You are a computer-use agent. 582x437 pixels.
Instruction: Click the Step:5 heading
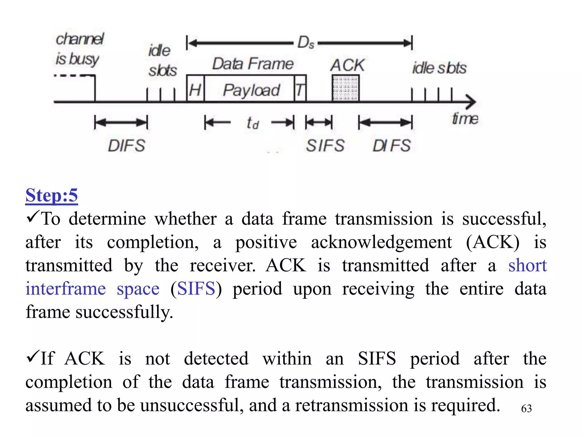[51, 195]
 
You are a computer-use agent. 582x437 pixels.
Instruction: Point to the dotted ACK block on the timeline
[345, 88]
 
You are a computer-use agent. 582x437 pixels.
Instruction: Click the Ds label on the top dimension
[306, 43]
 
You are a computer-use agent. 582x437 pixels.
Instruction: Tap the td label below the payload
[252, 123]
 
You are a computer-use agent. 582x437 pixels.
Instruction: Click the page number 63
[526, 409]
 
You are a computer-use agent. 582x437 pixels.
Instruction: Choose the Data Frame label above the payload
[253, 63]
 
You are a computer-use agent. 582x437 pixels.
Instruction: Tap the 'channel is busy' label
[79, 49]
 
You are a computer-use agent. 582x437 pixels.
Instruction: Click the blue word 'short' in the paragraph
[527, 265]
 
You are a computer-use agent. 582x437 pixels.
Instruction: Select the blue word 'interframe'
[66, 289]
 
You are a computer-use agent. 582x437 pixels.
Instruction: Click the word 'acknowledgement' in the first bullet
[381, 242]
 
